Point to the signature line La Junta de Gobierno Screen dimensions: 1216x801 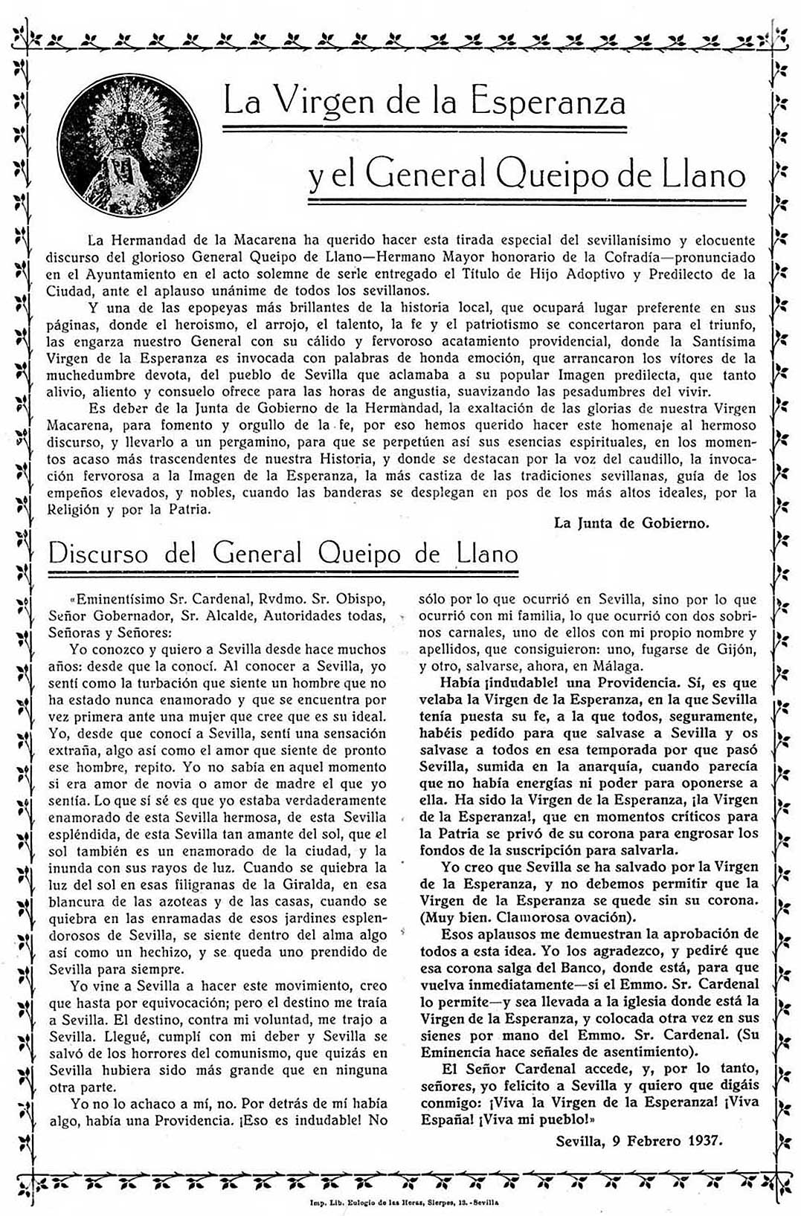(x=631, y=523)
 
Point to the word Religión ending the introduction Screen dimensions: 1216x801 (x=75, y=509)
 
